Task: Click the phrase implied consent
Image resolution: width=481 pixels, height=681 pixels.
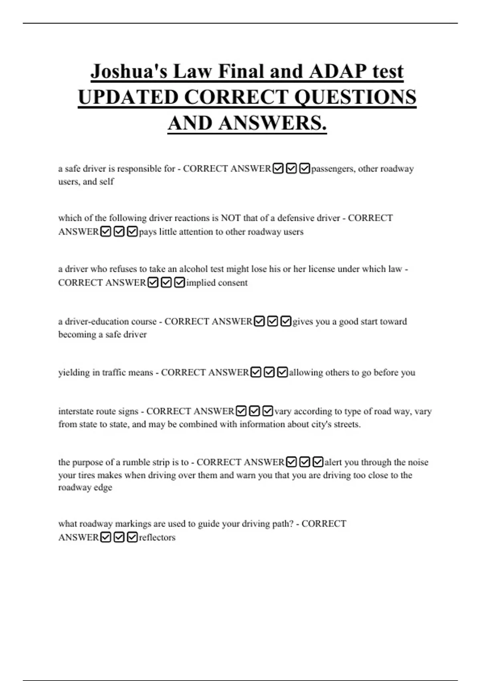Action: pyautogui.click(x=217, y=282)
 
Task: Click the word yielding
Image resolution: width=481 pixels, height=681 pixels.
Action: pyautogui.click(x=74, y=373)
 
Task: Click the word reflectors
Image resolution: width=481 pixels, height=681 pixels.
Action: pyautogui.click(x=157, y=537)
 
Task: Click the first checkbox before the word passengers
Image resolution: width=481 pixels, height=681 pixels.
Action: pyautogui.click(x=278, y=169)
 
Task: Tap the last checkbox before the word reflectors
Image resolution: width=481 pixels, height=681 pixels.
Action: pyautogui.click(x=132, y=537)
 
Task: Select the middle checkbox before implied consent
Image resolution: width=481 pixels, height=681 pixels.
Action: pyautogui.click(x=166, y=282)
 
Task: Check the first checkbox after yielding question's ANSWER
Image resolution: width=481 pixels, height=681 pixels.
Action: pyautogui.click(x=256, y=373)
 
